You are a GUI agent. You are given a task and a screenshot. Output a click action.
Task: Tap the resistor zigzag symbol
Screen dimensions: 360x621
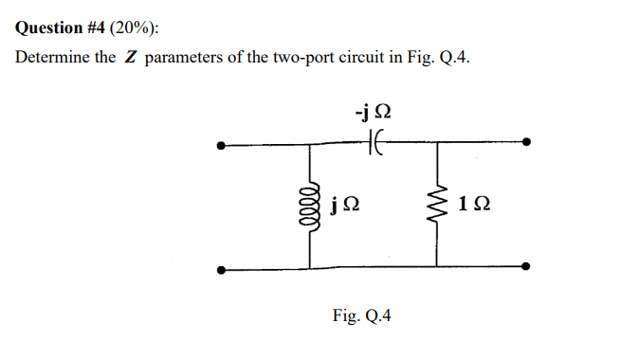439,205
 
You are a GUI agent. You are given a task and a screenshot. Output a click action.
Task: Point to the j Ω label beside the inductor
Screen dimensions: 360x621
346,205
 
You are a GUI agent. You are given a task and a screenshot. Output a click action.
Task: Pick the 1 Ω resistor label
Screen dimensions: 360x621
474,205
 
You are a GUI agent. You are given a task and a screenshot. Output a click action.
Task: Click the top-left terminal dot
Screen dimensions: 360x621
221,146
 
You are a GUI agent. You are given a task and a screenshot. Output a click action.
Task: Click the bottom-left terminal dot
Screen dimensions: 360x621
221,270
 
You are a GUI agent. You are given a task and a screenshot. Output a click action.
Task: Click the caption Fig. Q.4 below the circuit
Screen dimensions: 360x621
361,315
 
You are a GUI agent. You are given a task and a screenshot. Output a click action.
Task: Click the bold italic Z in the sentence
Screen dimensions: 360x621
132,59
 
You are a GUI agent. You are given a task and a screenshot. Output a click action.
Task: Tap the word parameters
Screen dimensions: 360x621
188,59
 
